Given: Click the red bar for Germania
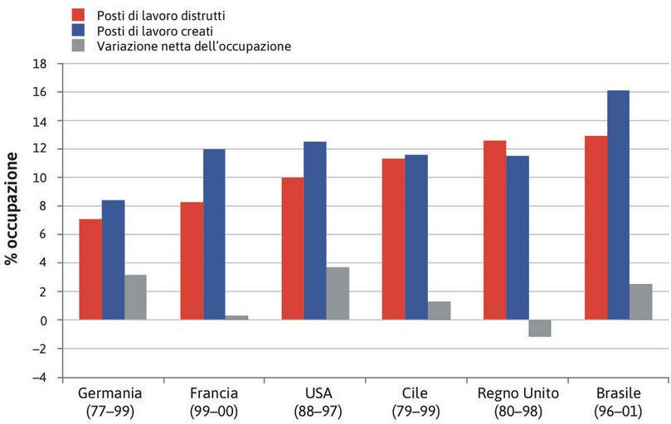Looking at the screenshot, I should pyautogui.click(x=90, y=269).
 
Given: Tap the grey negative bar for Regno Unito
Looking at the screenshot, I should pyautogui.click(x=539, y=328).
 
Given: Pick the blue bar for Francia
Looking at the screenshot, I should pyautogui.click(x=214, y=234).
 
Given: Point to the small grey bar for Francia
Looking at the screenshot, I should pyautogui.click(x=236, y=317).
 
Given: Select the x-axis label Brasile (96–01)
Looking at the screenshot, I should pyautogui.click(x=619, y=402).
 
